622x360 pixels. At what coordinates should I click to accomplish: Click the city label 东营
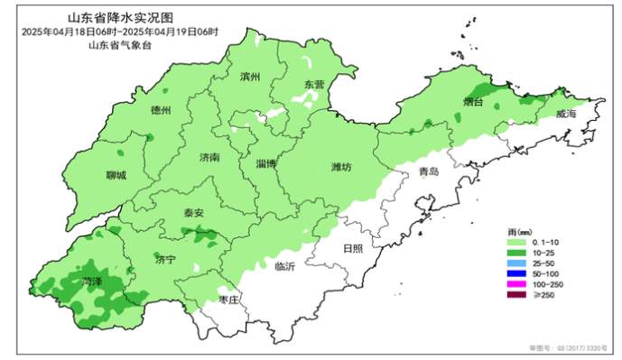(x=313, y=84)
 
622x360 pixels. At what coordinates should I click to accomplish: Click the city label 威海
(x=566, y=115)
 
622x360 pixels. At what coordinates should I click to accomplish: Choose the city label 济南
(x=209, y=157)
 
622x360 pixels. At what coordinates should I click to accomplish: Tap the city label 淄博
(x=265, y=163)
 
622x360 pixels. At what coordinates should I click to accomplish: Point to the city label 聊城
(x=116, y=175)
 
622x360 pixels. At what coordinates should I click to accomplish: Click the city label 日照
(x=352, y=248)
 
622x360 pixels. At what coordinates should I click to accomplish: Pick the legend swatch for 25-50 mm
(x=516, y=262)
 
